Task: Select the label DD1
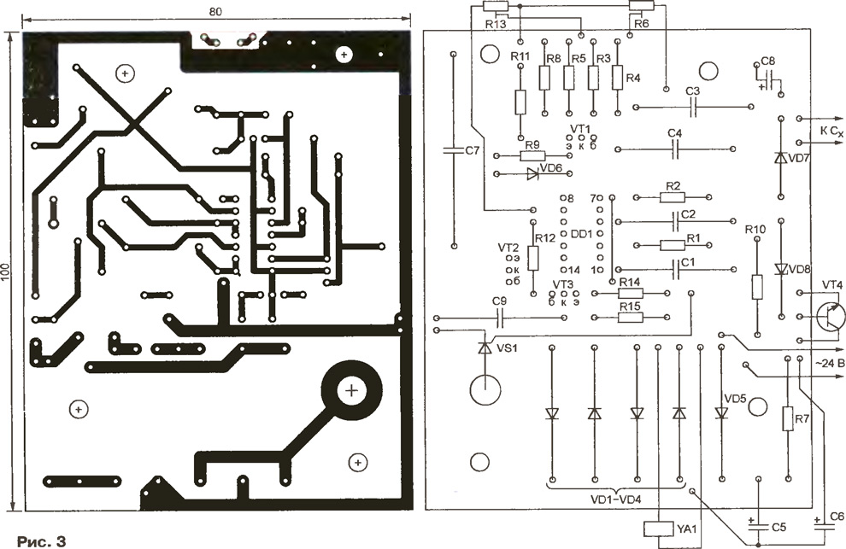tap(582, 234)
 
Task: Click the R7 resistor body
tap(788, 418)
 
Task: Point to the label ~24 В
tap(829, 364)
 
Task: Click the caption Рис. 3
tap(41, 541)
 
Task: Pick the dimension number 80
tap(214, 11)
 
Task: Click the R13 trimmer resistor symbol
tap(496, 6)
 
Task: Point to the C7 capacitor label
tap(472, 150)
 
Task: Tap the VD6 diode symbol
tap(532, 173)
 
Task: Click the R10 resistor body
tap(757, 287)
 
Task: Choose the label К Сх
tap(831, 131)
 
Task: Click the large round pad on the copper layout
tap(351, 390)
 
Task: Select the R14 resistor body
tap(631, 293)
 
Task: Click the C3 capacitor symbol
tap(694, 108)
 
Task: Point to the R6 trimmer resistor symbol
tap(642, 6)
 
